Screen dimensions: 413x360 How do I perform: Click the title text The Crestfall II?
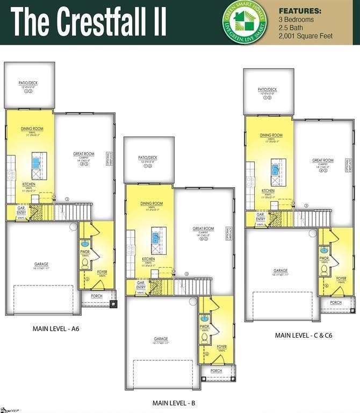pyautogui.click(x=89, y=22)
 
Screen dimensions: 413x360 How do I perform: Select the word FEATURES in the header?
pyautogui.click(x=300, y=11)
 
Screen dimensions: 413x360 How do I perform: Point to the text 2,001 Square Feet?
pyautogui.click(x=305, y=36)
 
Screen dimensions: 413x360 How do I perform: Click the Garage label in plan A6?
pyautogui.click(x=41, y=264)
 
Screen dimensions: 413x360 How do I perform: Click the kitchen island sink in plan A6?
pyautogui.click(x=37, y=161)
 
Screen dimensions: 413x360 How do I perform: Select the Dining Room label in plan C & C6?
pyautogui.click(x=271, y=136)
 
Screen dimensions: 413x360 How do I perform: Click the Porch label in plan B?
pyautogui.click(x=216, y=371)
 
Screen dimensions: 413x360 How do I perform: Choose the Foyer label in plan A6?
pyautogui.click(x=102, y=272)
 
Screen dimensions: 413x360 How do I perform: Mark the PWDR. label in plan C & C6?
pyautogui.click(x=325, y=258)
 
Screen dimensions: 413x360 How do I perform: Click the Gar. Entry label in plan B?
pyautogui.click(x=141, y=285)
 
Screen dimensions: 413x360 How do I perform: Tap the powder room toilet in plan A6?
pyautogui.click(x=85, y=263)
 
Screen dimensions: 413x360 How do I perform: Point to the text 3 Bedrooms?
pyautogui.click(x=297, y=19)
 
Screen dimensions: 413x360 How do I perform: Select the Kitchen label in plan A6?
pyautogui.click(x=29, y=184)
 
